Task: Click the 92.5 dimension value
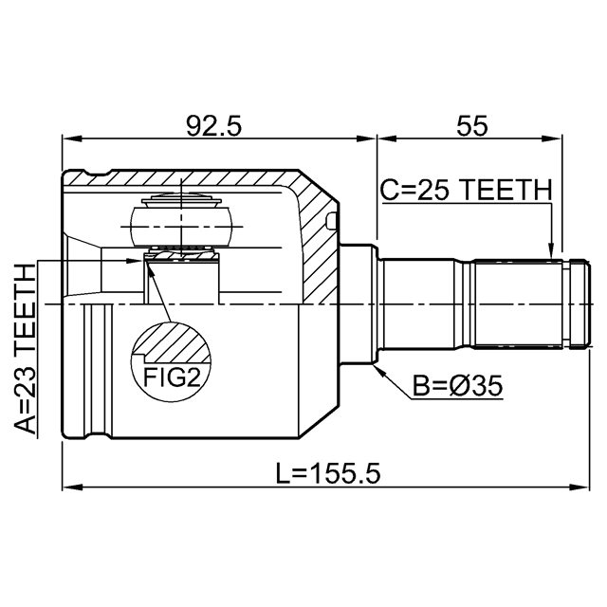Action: pos(213,126)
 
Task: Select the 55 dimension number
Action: pos(472,126)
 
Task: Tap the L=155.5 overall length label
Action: pos(328,473)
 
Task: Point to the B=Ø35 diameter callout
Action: pos(457,386)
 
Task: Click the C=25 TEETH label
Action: pos(466,190)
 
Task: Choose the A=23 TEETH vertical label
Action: pos(26,349)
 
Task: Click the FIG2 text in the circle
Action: pos(172,377)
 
